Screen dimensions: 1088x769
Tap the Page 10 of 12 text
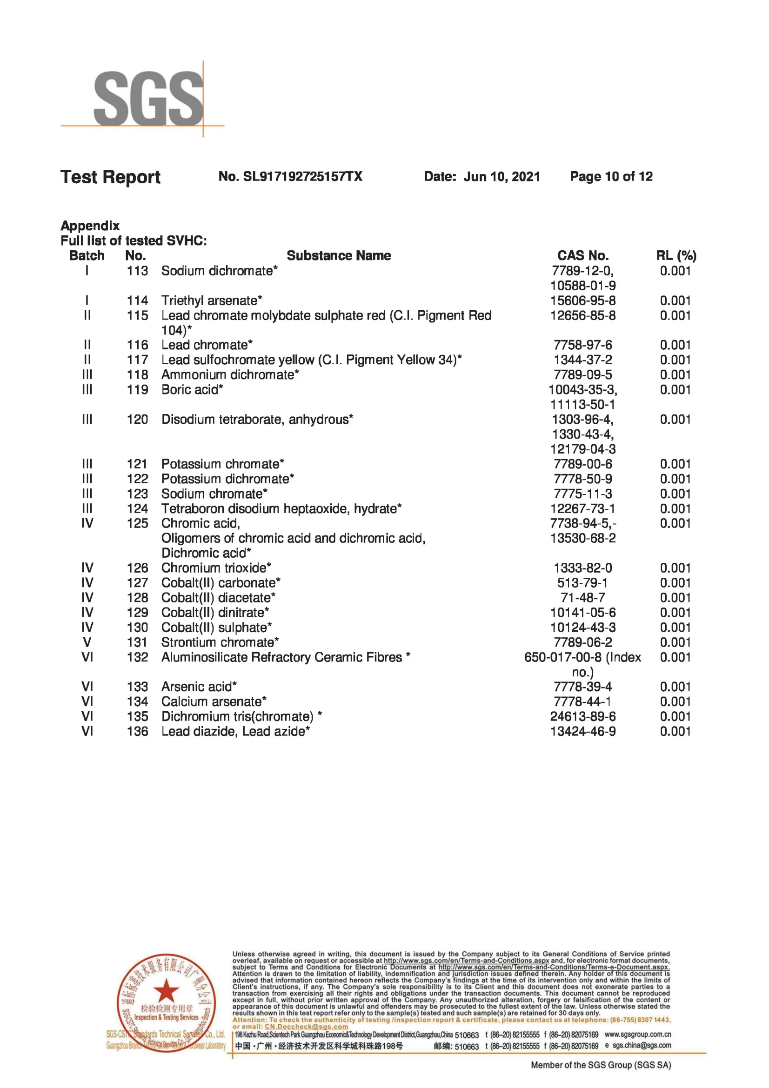pos(611,177)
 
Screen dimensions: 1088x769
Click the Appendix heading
pos(90,226)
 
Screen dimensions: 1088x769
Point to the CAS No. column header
pos(582,256)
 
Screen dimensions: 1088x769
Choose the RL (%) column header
pos(675,256)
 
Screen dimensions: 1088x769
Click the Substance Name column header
pos(338,256)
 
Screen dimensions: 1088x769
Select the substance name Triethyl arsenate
pos(211,300)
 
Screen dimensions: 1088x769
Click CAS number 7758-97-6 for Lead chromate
pos(582,345)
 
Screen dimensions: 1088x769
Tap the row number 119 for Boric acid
pos(137,389)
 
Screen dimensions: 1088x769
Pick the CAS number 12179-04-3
pos(582,449)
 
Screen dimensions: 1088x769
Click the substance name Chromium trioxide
pos(216,567)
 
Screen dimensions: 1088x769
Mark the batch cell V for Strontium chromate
pos(87,642)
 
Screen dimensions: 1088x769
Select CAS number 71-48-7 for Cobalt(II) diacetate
pos(582,598)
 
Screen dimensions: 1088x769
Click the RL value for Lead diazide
pos(675,731)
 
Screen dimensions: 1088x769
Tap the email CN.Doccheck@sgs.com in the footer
pos(306,1027)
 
